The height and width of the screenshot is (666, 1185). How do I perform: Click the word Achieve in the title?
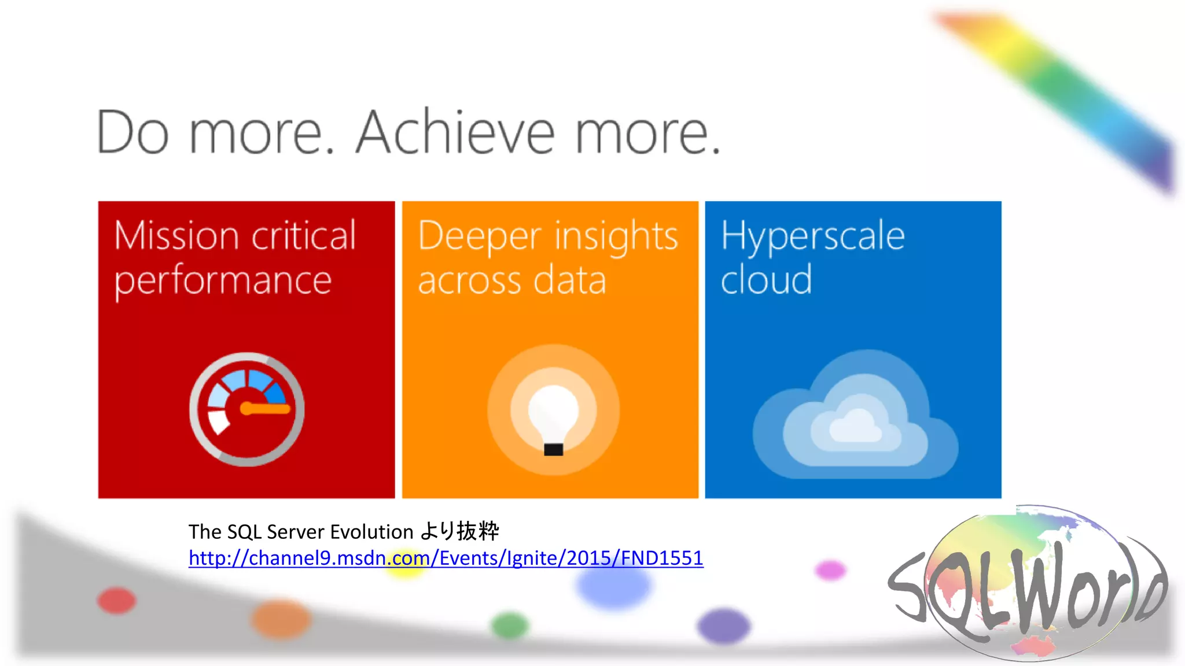coord(454,133)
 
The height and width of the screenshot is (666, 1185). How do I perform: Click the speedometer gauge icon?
coord(247,409)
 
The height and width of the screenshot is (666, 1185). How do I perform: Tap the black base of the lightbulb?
coord(553,449)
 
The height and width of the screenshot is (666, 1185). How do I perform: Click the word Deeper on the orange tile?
coord(479,236)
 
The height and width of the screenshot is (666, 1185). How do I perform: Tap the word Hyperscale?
coord(812,237)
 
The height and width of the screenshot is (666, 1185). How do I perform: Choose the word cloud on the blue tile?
coord(766,280)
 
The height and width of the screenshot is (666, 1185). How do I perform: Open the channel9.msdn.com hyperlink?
coord(446,558)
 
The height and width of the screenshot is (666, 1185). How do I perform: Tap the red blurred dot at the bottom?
coord(117,600)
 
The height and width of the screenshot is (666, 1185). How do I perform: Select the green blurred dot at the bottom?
coord(510,626)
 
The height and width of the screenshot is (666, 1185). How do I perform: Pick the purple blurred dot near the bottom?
coord(723,626)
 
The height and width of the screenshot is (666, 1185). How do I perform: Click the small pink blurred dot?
coord(830,570)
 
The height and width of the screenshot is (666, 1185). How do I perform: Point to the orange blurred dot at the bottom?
coord(281,619)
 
